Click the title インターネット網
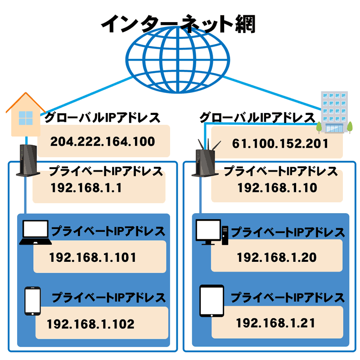178,24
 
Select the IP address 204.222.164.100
103,141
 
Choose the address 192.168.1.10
277,187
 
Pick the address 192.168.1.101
93,257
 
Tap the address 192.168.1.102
90,324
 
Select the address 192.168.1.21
275,323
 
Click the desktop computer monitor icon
208,231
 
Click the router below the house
28,160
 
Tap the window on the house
26,118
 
